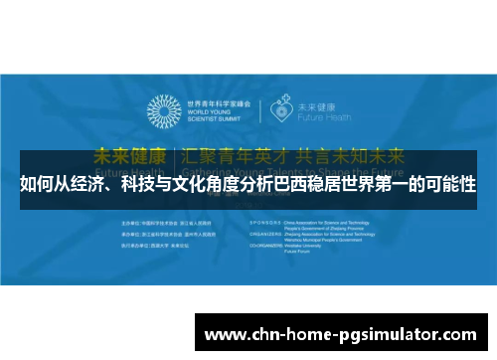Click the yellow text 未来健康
click(130, 157)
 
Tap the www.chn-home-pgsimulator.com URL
click(343, 332)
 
